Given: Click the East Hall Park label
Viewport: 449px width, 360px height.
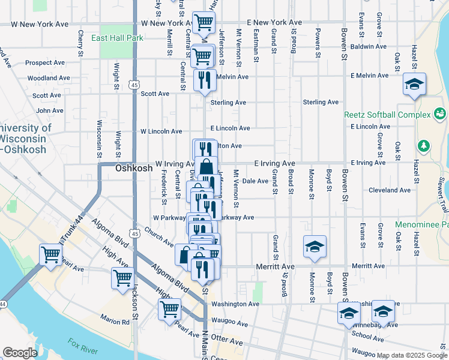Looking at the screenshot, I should pos(117,38).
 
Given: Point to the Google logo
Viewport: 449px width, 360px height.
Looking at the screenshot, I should pos(20,353).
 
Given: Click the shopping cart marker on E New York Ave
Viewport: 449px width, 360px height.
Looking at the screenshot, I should pos(203,23).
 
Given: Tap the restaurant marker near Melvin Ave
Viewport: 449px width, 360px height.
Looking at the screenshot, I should pos(205,80).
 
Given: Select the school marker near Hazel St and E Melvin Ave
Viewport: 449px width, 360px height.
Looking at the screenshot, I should pos(414,85).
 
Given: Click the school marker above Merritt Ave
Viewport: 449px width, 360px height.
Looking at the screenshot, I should pos(315,247).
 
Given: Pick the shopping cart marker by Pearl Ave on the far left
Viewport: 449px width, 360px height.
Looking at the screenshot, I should pos(50,254).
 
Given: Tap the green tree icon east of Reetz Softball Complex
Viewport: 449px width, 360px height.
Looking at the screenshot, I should pos(424,146).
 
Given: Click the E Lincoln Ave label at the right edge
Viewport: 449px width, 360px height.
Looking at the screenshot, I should pos(369,127).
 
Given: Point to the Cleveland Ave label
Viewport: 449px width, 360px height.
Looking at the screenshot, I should pos(390,190).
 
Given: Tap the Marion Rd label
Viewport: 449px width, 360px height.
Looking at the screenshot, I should pos(115,322).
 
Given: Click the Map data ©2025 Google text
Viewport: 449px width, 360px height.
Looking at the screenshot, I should pos(412,355).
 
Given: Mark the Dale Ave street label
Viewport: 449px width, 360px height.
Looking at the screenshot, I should pos(255,181).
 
